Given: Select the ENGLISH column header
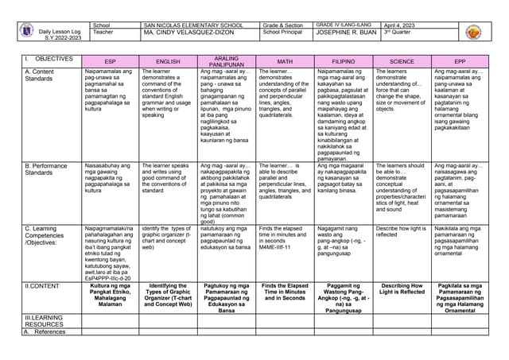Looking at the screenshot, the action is (x=168, y=60).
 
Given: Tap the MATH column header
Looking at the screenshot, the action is (x=285, y=60).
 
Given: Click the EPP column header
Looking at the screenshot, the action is (x=460, y=60).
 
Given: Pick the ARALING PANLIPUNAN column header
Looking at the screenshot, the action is (x=226, y=60).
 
